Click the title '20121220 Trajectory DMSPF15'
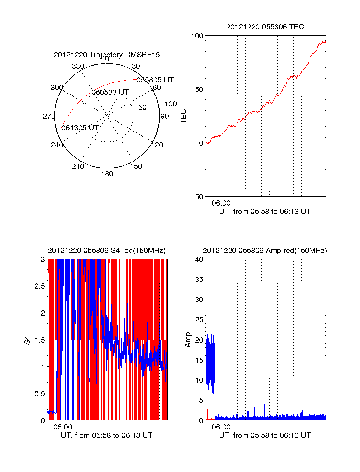pyautogui.click(x=107, y=55)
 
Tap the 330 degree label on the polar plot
pyautogui.click(x=78, y=66)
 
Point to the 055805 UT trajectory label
pyautogui.click(x=155, y=80)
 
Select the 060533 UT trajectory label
pyautogui.click(x=110, y=92)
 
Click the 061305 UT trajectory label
pyautogui.click(x=80, y=128)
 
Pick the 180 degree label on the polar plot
pyautogui.click(x=107, y=174)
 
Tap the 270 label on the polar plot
pyautogui.click(x=49, y=116)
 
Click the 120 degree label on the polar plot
pyautogui.click(x=157, y=145)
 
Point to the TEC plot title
pyautogui.click(x=265, y=27)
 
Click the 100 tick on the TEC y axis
pyautogui.click(x=197, y=36)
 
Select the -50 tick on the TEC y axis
pyautogui.click(x=198, y=197)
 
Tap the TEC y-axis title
pyautogui.click(x=184, y=116)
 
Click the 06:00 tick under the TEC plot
pyautogui.click(x=221, y=203)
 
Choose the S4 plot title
pyautogui.click(x=107, y=251)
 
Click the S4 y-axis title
pyautogui.click(x=27, y=340)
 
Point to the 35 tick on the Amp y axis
pyautogui.click(x=199, y=280)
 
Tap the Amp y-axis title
pyautogui.click(x=188, y=340)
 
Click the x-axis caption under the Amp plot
pyautogui.click(x=265, y=435)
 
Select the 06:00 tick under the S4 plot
pyautogui.click(x=63, y=427)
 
